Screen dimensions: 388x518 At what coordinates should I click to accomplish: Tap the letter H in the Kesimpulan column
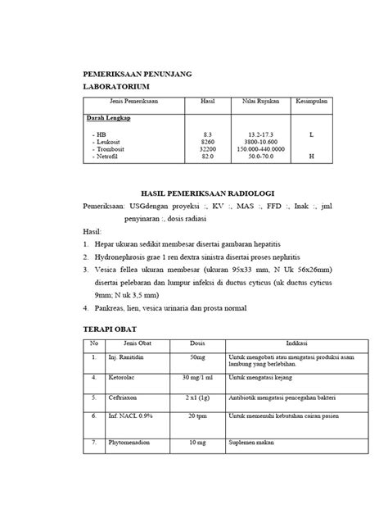311,157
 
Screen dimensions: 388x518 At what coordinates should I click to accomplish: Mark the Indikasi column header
296,343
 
